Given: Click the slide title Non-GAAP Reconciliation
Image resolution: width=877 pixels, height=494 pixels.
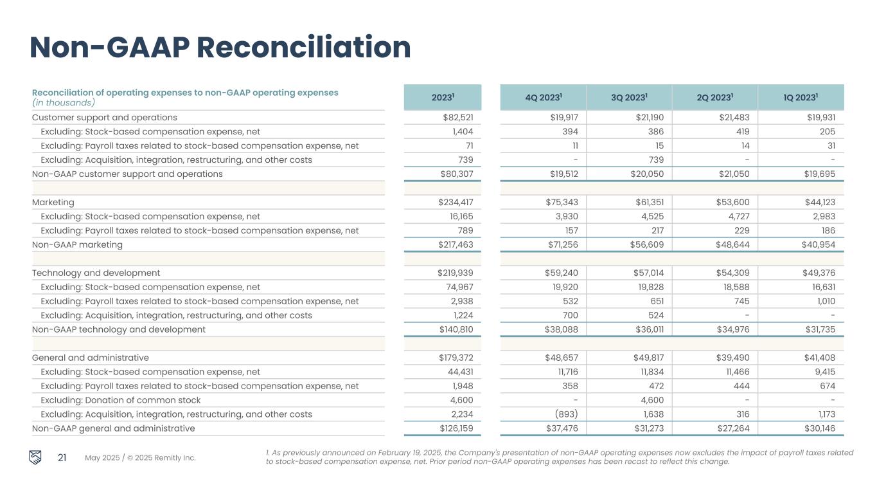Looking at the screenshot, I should [x=220, y=48].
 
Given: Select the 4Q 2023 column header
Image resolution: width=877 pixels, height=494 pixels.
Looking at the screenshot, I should [x=543, y=98].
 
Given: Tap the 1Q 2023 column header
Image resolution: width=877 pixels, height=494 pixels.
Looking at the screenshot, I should [x=800, y=98].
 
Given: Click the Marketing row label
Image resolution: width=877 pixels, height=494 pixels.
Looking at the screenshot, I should [x=53, y=202].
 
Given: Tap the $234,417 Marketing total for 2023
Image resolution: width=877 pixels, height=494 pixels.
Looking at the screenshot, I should [x=456, y=202].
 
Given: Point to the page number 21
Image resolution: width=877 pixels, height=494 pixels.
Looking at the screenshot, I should [x=62, y=458].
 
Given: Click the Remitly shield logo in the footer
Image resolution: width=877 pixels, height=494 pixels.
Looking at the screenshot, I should [x=36, y=457].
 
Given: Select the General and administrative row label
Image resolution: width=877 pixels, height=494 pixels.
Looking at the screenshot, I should [x=91, y=358].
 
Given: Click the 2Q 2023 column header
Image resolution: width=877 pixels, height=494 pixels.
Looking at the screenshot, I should [x=714, y=98].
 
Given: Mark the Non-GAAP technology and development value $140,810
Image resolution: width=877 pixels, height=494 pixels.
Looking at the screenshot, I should [x=456, y=329].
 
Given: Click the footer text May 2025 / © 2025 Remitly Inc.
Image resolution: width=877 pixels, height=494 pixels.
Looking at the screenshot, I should [x=140, y=458].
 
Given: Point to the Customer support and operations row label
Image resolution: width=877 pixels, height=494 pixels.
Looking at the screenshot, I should [x=105, y=117].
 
